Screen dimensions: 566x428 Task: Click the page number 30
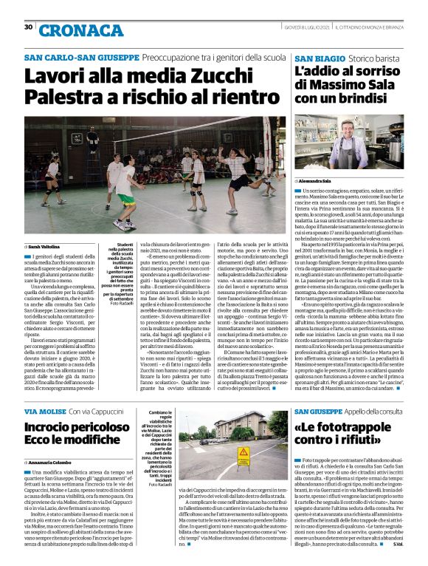pyautogui.click(x=28, y=27)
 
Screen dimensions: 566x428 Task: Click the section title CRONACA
pyautogui.click(x=71, y=30)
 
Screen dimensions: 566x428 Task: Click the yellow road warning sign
pyautogui.click(x=242, y=451)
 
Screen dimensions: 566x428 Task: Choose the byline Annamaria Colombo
pyautogui.click(x=53, y=463)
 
